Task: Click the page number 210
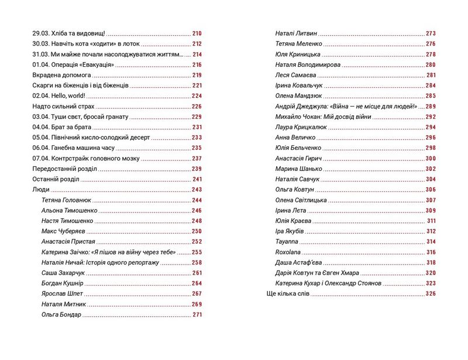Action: coord(196,33)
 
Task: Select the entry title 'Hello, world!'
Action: coord(70,96)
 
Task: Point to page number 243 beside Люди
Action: coord(196,190)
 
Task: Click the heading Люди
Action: coord(40,190)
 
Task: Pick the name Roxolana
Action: coord(287,252)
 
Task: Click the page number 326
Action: coord(431,294)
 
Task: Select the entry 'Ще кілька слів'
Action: coord(286,294)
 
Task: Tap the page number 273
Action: coord(431,33)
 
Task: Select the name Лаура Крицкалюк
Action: coord(300,127)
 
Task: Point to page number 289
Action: coord(431,107)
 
